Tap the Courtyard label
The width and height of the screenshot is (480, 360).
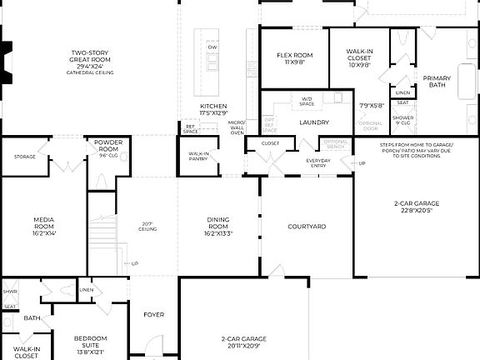click(x=306, y=226)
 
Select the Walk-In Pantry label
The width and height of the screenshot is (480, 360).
click(x=198, y=156)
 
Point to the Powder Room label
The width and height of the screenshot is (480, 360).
click(x=108, y=145)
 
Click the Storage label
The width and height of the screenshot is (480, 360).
click(x=24, y=156)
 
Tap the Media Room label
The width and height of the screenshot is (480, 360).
click(x=44, y=222)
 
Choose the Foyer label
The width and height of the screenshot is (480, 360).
click(x=154, y=315)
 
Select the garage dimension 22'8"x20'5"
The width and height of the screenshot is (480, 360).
click(x=417, y=211)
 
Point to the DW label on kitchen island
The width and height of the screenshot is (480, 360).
click(x=212, y=47)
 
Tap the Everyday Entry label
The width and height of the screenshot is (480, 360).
click(x=317, y=162)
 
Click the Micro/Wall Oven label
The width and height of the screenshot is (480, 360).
click(x=237, y=127)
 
